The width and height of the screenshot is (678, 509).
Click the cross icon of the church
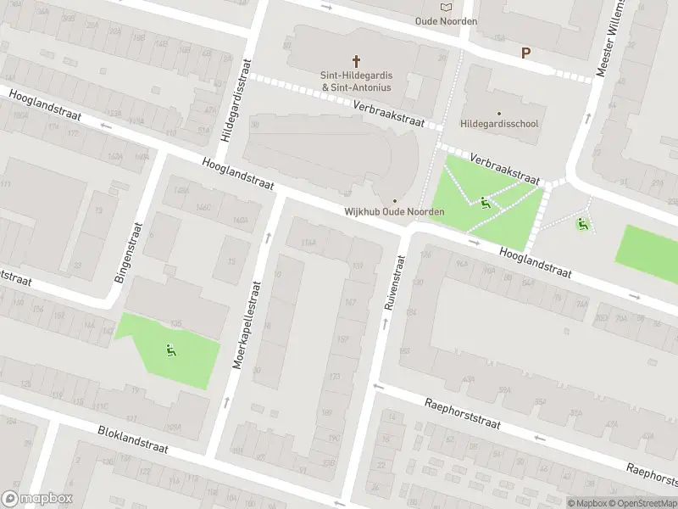[357, 60]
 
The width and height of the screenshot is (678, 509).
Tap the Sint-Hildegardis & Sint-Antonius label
[356, 80]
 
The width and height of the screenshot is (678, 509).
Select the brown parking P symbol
[525, 53]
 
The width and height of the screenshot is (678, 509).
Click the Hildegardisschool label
[498, 124]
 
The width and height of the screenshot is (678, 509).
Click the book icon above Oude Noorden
[447, 7]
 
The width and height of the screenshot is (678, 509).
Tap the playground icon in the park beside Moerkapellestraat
[170, 350]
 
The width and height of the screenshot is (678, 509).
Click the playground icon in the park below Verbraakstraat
[485, 202]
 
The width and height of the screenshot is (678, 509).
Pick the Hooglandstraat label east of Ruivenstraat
[535, 264]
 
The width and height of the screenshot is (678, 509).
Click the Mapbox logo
[37, 499]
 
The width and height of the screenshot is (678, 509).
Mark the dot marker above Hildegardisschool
[498, 112]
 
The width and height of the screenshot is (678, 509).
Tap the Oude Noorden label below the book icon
[447, 21]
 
